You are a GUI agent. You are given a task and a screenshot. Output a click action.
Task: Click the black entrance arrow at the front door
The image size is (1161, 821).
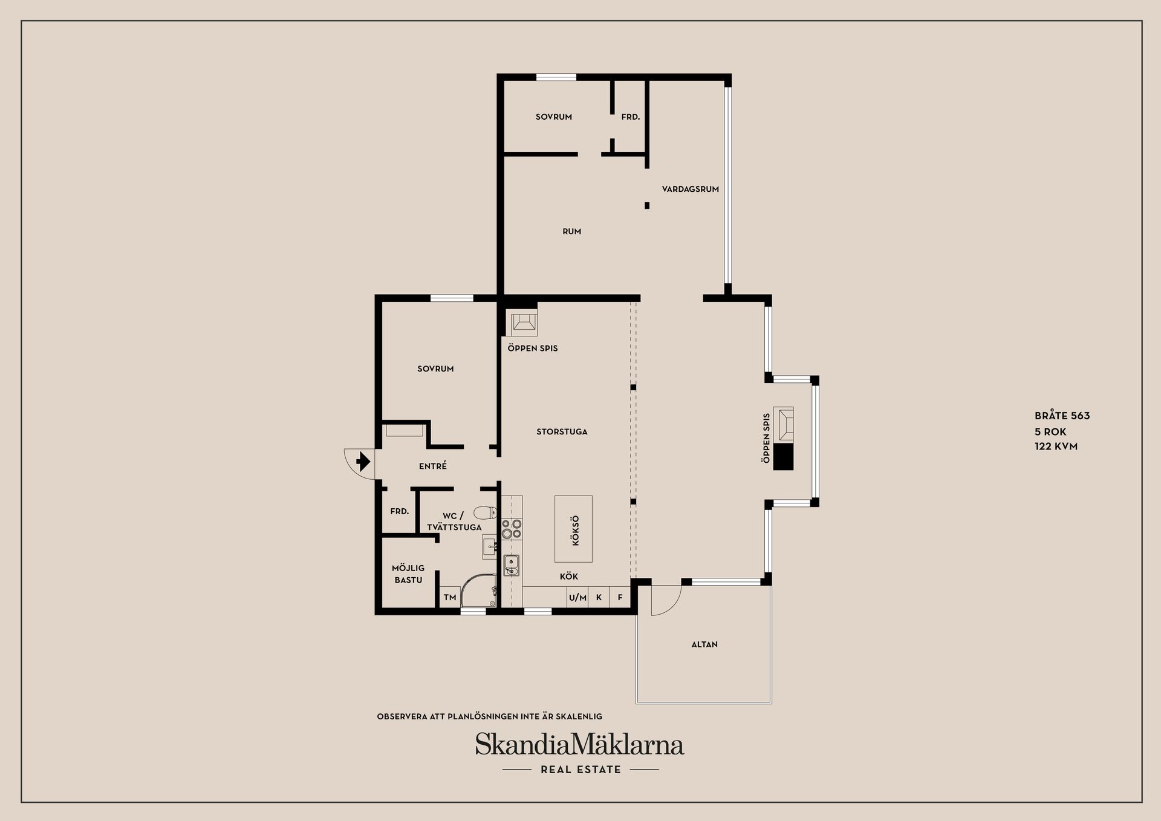(x=363, y=462)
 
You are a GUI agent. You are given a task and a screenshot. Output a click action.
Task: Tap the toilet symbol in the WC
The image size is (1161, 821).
(x=484, y=513)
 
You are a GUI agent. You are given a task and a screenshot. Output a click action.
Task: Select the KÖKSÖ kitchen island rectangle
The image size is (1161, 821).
(x=573, y=529)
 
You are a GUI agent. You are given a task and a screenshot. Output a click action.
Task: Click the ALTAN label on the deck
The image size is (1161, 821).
(x=704, y=644)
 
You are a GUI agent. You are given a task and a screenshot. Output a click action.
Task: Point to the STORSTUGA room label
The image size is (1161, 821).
(x=562, y=431)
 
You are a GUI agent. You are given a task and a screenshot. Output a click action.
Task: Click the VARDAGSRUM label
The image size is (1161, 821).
(x=690, y=189)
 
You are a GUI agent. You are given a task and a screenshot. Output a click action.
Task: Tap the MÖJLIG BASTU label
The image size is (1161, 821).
(x=408, y=574)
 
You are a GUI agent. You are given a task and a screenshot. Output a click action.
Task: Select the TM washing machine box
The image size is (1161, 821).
(x=449, y=597)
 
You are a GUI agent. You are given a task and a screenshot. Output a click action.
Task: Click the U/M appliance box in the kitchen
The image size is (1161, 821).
(x=577, y=597)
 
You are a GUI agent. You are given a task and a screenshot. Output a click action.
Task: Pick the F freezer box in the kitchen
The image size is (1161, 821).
(x=620, y=597)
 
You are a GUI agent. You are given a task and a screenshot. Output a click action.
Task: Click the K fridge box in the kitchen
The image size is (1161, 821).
(x=599, y=597)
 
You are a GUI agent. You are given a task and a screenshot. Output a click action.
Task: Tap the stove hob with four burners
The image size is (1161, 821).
(x=512, y=529)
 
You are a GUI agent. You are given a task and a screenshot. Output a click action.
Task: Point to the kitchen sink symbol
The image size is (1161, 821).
(x=512, y=565)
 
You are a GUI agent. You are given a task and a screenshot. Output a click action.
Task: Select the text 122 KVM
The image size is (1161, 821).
(x=1056, y=446)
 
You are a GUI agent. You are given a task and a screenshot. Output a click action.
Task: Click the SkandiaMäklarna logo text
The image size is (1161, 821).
(x=579, y=744)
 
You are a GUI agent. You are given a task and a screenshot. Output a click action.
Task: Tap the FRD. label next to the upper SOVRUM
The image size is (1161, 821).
(x=630, y=117)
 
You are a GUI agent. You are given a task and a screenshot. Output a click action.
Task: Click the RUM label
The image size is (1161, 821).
(x=571, y=231)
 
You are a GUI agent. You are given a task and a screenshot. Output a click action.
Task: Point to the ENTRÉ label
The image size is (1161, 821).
(x=433, y=466)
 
